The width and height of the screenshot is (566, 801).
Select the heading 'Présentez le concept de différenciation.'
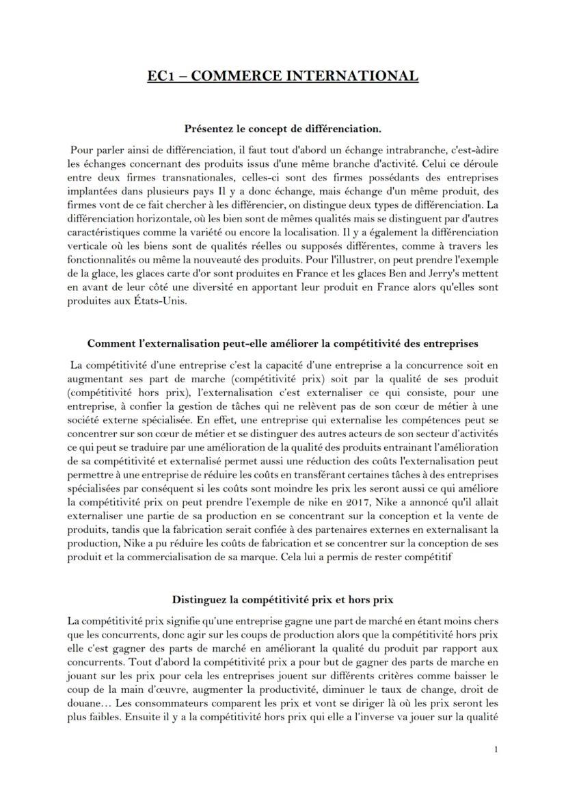283,128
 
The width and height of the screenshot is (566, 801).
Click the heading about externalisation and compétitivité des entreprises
282,343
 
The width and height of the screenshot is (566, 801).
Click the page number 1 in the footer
496,750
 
